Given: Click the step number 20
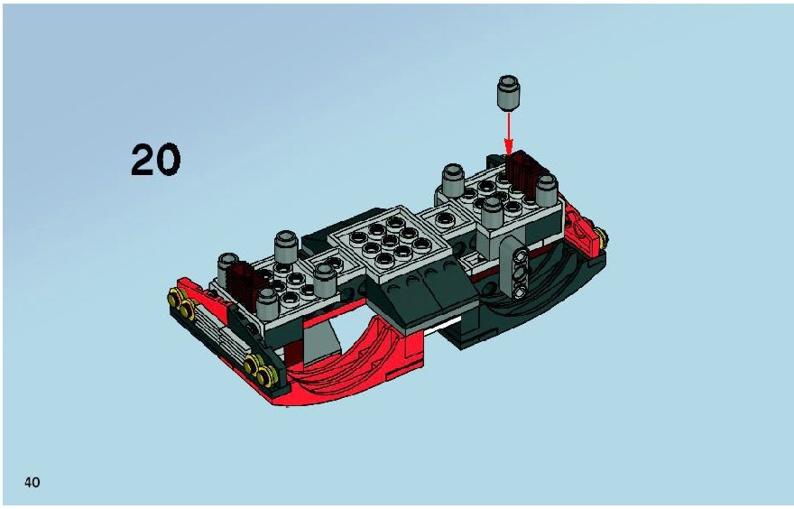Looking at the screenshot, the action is [x=155, y=159].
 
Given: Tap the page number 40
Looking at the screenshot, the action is [x=32, y=482].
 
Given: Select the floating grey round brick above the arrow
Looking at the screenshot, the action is [x=508, y=93].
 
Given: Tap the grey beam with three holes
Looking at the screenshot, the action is [x=515, y=269].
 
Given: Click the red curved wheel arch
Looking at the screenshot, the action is [x=355, y=355].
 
